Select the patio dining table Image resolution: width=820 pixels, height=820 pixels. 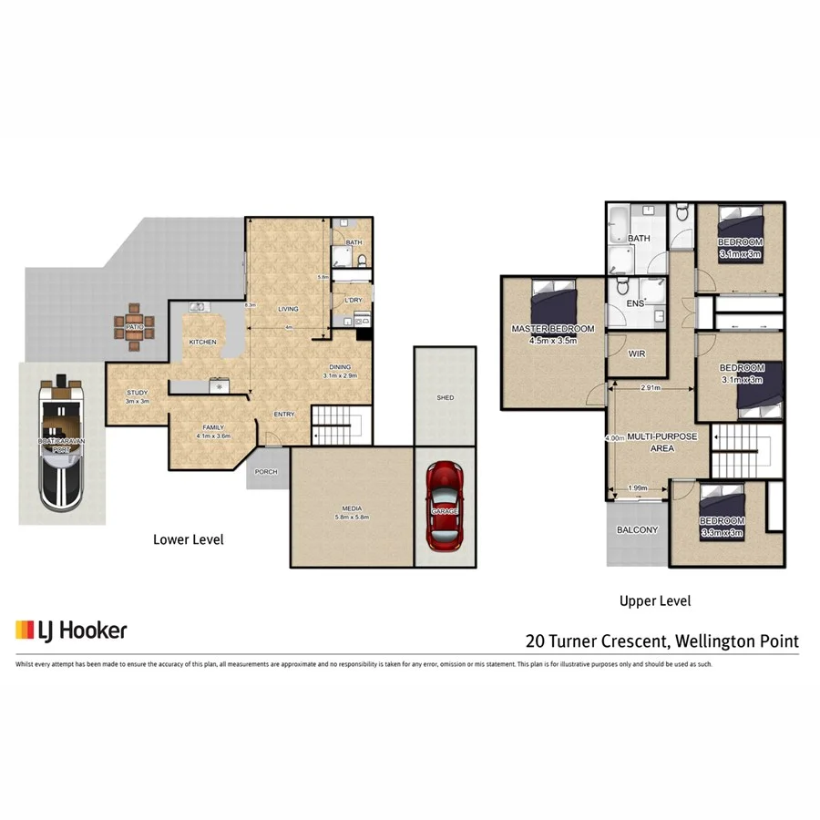click(136, 327)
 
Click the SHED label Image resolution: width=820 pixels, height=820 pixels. click(445, 398)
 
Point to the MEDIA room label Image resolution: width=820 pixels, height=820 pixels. click(353, 509)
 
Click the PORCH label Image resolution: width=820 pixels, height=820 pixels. click(266, 471)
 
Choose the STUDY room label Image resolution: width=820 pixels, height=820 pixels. click(137, 393)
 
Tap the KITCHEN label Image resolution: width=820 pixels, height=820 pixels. click(202, 342)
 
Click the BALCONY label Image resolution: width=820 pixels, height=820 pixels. click(637, 530)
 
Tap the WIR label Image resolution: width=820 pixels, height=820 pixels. click(637, 354)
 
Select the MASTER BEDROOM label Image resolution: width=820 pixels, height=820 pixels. click(553, 329)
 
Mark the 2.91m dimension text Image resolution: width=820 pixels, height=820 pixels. click(651, 388)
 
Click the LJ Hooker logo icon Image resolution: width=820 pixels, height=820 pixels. click(26, 630)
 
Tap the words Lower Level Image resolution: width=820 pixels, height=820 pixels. click(189, 539)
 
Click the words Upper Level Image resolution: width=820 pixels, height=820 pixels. click(655, 600)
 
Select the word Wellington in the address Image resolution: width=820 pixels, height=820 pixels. click(715, 641)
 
